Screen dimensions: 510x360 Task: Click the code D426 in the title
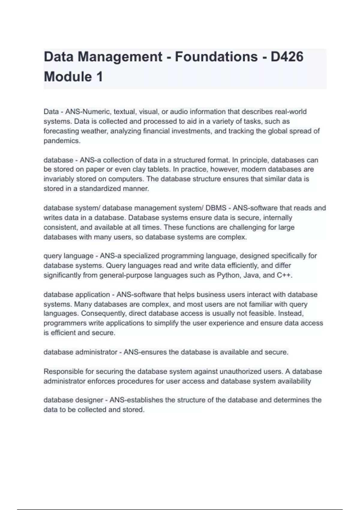287,57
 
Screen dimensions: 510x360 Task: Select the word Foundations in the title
216,57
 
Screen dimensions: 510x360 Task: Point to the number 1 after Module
100,77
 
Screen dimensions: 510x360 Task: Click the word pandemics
62,141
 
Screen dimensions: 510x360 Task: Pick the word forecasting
61,131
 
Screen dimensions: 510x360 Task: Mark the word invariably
58,179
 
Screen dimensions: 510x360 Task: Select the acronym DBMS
216,208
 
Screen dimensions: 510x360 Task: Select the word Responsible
63,371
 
